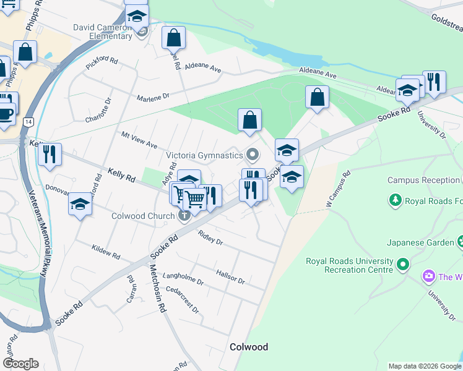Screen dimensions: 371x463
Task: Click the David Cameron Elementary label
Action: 103,32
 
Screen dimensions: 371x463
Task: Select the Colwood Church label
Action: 144,216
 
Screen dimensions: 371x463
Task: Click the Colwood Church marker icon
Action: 184,216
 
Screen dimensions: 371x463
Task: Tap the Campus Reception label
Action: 424,181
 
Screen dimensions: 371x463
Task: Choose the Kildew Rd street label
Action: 105,250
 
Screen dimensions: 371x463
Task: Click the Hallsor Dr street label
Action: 231,276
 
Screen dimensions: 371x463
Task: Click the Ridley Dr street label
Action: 210,237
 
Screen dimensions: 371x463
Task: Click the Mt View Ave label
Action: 139,140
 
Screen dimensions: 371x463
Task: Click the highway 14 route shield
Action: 28,122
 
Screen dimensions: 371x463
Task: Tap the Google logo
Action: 20,364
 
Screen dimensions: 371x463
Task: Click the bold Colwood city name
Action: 249,347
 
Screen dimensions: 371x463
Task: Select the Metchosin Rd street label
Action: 157,288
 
